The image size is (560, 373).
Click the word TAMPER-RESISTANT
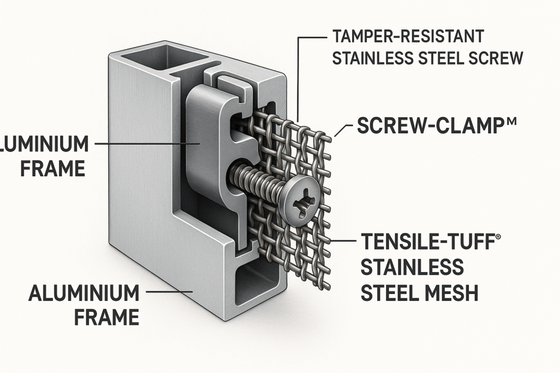407,38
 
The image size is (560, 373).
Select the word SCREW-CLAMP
418,127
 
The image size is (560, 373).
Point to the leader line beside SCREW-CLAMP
342,130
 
